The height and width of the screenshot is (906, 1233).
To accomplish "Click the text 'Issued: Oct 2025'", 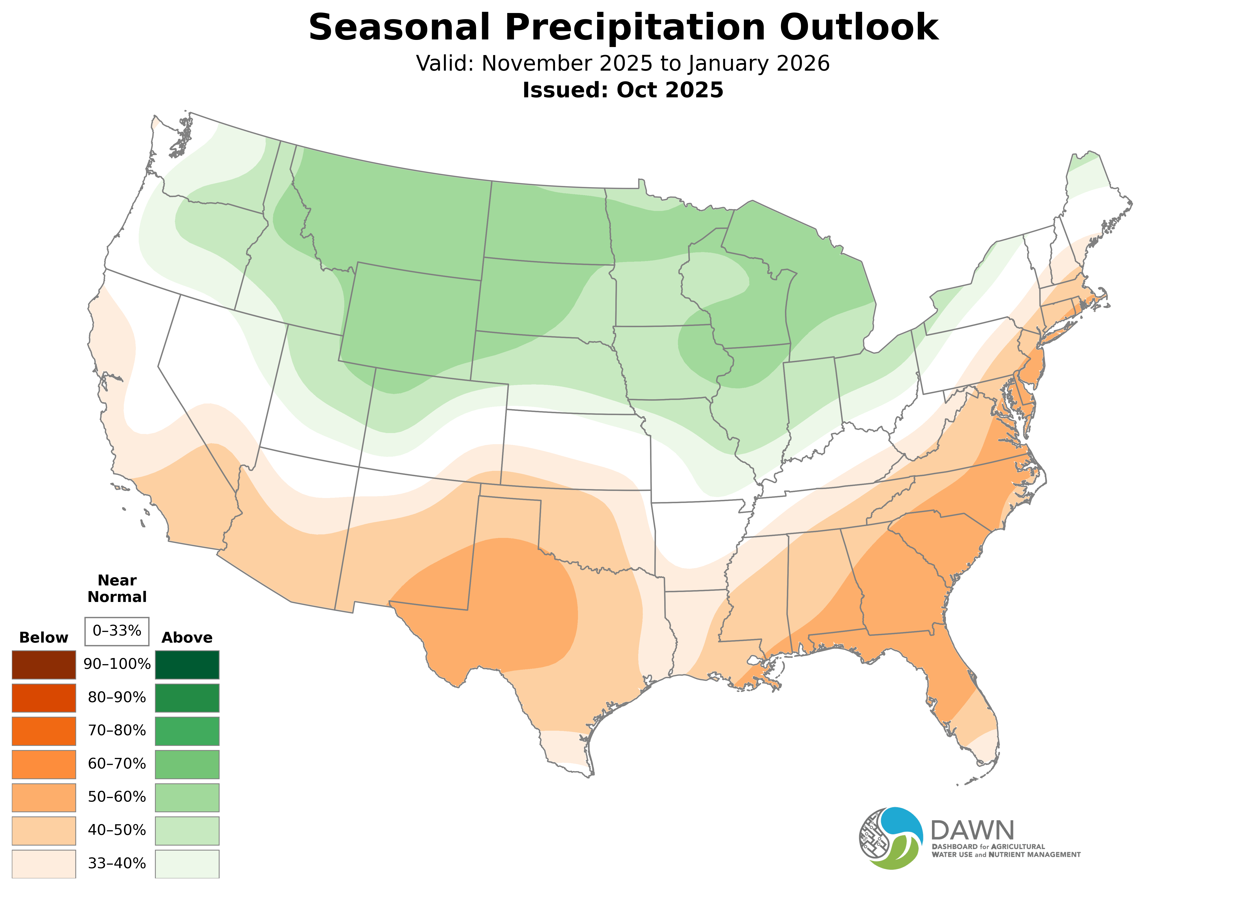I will click(x=623, y=90).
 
